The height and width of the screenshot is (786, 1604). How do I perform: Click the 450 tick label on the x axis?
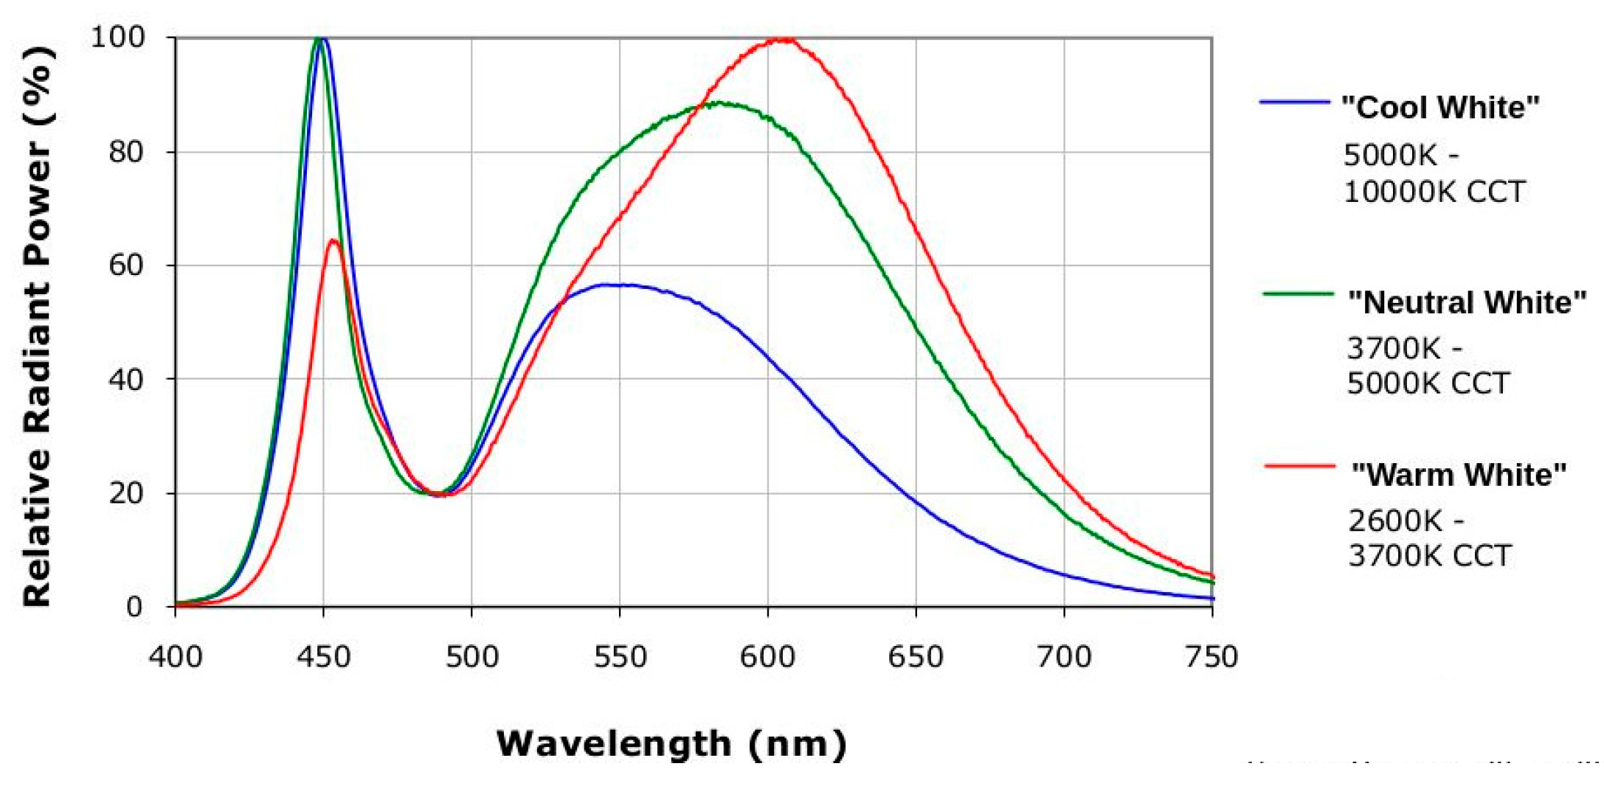click(323, 656)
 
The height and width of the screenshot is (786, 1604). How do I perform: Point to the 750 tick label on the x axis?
click(1211, 656)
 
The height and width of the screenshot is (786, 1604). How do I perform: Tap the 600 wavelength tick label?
click(767, 656)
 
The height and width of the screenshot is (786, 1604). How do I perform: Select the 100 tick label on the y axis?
click(117, 37)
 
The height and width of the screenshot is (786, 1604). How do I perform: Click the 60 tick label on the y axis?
click(125, 265)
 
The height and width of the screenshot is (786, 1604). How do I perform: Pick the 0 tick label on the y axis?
click(134, 607)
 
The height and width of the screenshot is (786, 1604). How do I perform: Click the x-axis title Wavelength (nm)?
click(671, 743)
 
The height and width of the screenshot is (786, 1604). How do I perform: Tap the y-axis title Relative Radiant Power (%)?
click(37, 324)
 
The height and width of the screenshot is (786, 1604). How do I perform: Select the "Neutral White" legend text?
click(1467, 302)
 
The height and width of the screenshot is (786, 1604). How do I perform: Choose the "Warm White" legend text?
click(1459, 475)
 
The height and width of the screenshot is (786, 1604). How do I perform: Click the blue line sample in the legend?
click(1295, 101)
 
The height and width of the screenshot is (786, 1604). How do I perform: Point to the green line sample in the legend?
click(1298, 293)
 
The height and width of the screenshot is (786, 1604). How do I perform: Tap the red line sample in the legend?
click(1299, 466)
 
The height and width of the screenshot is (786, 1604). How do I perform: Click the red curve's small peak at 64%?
click(333, 241)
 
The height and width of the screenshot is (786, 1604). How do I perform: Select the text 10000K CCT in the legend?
click(1434, 192)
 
